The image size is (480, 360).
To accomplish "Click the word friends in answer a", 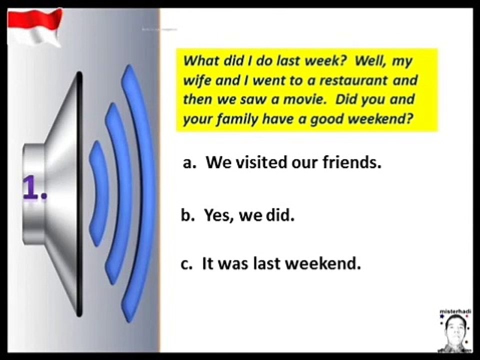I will click(x=352, y=162).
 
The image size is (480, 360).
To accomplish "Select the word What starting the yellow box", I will click(x=200, y=61).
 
